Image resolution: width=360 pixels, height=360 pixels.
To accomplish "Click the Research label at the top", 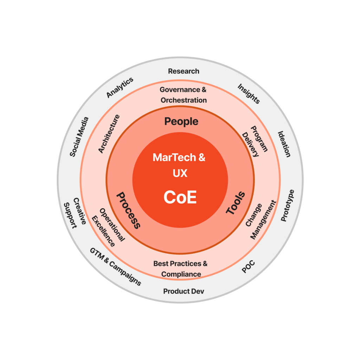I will point(184,71).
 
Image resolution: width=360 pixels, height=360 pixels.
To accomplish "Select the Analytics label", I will point(120,88).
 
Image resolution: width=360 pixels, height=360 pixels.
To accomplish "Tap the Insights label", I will point(249,94).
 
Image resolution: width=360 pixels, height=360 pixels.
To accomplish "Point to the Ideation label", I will point(284,144).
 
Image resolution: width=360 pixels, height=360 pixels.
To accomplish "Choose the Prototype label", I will point(288,206).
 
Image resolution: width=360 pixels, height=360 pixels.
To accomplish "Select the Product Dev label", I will point(184,291).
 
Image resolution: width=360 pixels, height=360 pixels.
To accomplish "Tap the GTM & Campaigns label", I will point(115,267).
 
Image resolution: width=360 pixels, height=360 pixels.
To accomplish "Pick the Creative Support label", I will point(75,213).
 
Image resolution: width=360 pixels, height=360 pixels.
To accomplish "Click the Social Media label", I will point(79,137).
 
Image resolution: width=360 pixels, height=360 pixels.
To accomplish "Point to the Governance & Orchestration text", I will point(184,95).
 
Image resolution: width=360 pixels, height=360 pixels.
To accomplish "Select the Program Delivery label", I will point(255,141).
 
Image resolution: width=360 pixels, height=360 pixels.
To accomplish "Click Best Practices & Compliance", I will point(181,269).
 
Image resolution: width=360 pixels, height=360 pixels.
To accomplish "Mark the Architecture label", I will point(109,134).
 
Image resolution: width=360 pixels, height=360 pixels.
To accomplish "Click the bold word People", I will point(181,122).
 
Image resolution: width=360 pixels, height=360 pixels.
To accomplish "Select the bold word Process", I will point(128,210).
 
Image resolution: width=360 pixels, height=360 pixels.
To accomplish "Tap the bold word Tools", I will point(235,203).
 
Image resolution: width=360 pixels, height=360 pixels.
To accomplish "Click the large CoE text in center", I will point(180,198).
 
